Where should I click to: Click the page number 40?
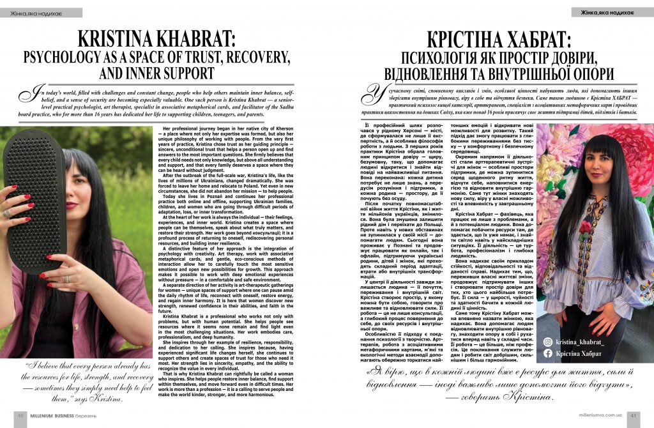21,413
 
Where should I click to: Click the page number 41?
633,414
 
